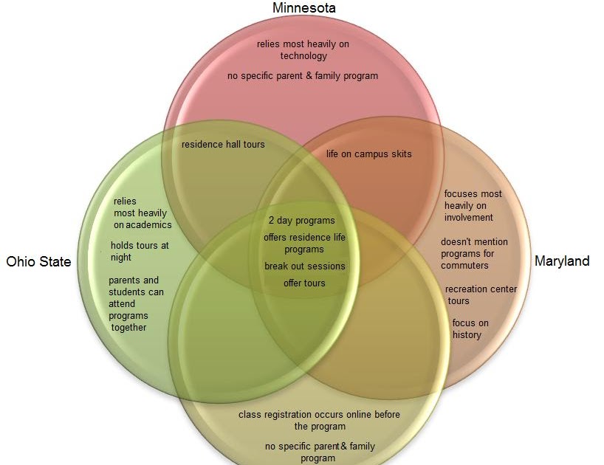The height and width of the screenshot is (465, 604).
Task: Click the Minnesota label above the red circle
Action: (x=303, y=8)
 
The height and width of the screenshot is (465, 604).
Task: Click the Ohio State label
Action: (x=38, y=261)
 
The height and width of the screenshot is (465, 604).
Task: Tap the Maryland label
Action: (x=562, y=261)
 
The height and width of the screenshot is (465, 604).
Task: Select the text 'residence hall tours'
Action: (x=223, y=145)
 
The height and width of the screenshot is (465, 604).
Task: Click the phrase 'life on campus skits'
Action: (x=369, y=154)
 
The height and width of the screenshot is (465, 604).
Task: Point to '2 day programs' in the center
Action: (x=301, y=220)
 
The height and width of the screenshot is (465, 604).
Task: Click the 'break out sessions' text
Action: (x=305, y=266)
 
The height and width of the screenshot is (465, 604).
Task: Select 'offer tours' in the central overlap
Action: (x=304, y=283)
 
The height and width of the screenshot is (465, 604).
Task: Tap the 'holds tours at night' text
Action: (x=140, y=251)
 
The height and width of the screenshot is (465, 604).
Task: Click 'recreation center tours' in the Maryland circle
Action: (x=481, y=294)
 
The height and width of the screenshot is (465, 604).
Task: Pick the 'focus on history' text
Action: (x=470, y=329)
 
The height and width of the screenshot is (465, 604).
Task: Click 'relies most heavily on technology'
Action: (x=303, y=50)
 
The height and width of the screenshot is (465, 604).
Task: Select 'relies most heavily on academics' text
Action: (x=142, y=213)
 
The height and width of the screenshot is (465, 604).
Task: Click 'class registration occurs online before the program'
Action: (x=319, y=420)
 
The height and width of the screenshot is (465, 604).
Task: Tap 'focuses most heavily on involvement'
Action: (x=473, y=205)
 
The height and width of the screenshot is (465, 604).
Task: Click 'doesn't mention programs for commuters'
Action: (x=474, y=253)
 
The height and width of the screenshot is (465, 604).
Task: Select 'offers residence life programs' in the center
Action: (x=304, y=243)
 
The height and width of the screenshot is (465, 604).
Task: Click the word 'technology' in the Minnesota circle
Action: (x=303, y=56)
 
